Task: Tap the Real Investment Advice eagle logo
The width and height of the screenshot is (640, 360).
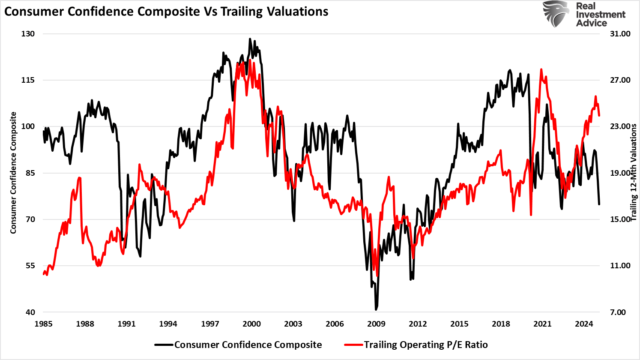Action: click(x=556, y=14)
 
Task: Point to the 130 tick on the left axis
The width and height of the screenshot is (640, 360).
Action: click(x=28, y=34)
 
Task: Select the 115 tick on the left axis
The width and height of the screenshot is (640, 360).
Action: click(x=28, y=80)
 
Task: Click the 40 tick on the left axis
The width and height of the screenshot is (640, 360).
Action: click(x=30, y=312)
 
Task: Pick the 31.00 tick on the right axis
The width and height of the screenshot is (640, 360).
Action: click(x=620, y=34)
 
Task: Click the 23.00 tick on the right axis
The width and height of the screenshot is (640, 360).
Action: click(x=620, y=126)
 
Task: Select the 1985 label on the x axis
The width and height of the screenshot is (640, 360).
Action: click(x=43, y=324)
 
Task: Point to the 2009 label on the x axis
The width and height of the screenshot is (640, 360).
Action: click(x=376, y=324)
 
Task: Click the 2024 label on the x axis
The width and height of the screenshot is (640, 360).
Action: click(x=584, y=324)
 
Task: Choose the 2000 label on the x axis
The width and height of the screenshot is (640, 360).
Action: click(x=251, y=324)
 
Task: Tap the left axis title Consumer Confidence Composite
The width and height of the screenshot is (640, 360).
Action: click(x=13, y=173)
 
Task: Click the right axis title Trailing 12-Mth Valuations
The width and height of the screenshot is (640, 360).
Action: click(x=634, y=173)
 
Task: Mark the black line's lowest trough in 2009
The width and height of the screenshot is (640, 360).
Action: click(x=376, y=309)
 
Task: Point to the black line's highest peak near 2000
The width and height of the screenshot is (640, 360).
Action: click(x=250, y=39)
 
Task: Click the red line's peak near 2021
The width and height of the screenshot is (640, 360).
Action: click(x=541, y=69)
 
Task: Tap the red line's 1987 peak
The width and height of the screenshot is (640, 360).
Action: click(x=79, y=177)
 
